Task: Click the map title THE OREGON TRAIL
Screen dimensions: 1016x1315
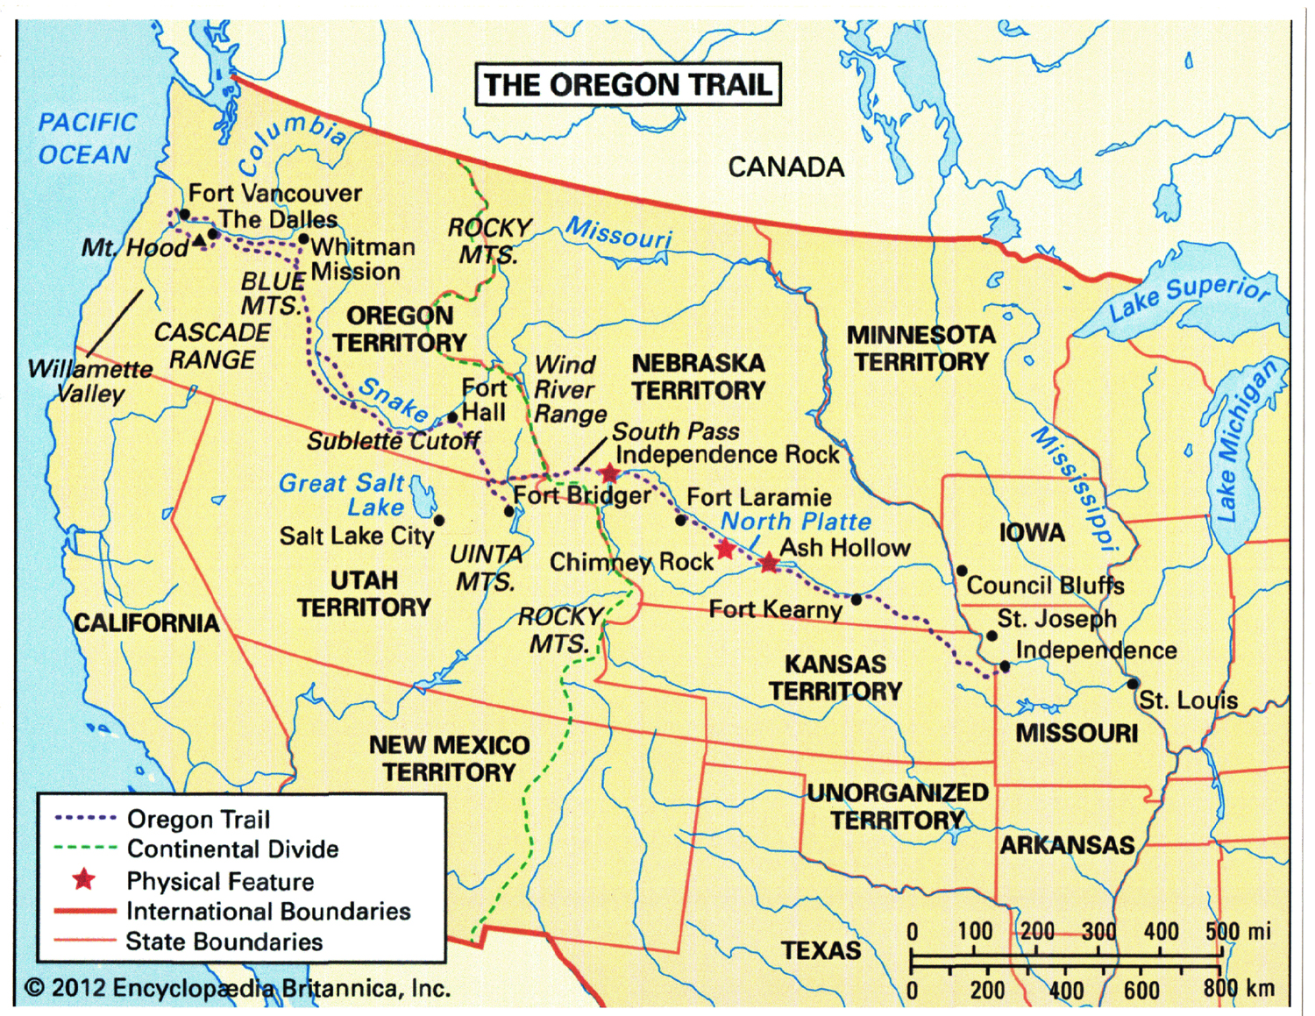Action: click(628, 85)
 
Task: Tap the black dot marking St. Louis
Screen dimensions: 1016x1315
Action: click(1133, 683)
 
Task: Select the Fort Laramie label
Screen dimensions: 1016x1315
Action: click(758, 497)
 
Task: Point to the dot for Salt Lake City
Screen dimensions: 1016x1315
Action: click(439, 521)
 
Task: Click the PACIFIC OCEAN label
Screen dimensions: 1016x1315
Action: click(86, 139)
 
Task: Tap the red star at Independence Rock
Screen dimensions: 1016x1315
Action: click(609, 474)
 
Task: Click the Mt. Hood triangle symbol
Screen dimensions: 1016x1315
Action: click(200, 239)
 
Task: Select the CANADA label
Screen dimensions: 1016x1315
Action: click(785, 167)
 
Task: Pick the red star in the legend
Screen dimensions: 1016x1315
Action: click(84, 878)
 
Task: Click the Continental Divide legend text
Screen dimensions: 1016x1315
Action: click(232, 849)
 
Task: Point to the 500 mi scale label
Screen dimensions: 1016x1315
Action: click(1237, 931)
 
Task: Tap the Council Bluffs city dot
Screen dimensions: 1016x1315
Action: click(962, 571)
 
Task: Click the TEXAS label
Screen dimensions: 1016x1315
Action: click(821, 950)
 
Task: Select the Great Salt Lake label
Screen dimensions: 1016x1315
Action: click(342, 494)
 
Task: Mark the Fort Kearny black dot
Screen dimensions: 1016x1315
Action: click(857, 600)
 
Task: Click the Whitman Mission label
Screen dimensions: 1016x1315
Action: click(362, 259)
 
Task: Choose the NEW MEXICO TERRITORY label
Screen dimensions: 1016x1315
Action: click(449, 758)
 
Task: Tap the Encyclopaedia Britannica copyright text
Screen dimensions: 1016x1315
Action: click(238, 988)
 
